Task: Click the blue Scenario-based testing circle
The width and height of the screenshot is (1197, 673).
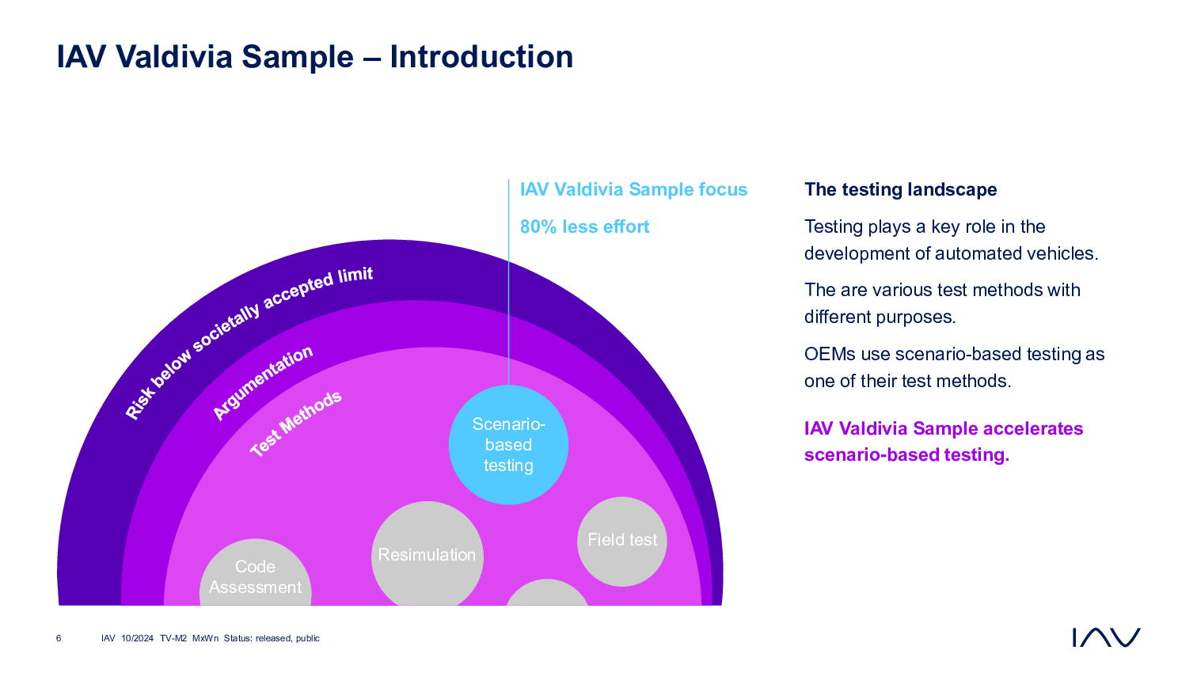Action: pos(508,445)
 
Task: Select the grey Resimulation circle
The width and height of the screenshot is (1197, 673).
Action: pos(427,553)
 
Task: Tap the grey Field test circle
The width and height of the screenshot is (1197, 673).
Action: pos(622,542)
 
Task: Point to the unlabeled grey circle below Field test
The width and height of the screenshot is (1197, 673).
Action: pos(547,593)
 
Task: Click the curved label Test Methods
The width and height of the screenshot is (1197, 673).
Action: pos(295,424)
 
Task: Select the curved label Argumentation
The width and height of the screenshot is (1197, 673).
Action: pos(262,382)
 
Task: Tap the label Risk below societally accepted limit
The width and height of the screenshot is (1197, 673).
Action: pos(249,343)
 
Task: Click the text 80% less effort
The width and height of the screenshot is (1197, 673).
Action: pos(584,226)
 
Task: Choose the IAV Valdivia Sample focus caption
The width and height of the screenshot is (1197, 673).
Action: pos(634,189)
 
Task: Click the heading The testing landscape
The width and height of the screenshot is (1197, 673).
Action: pos(900,189)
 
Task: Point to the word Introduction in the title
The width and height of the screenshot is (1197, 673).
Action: pos(481,57)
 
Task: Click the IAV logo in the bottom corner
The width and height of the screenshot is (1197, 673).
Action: pos(1106,637)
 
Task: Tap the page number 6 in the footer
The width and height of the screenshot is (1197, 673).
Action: pos(59,638)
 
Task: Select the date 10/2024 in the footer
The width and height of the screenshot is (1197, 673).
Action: pos(137,638)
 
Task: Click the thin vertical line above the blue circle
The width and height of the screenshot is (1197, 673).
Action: pos(508,282)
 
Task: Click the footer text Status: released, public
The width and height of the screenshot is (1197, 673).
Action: pos(272,638)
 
